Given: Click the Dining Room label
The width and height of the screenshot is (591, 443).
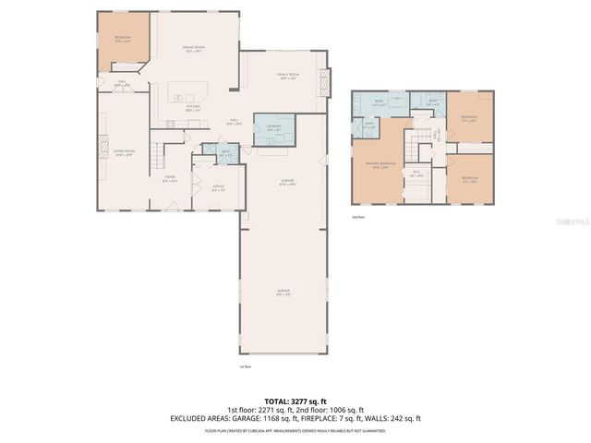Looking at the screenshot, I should click(193, 49).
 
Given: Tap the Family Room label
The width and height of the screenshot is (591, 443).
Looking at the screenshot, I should click(288, 76).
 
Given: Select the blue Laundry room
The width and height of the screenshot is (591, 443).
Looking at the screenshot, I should click(273, 130).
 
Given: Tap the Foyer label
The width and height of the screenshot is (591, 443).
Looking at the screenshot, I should click(170, 179).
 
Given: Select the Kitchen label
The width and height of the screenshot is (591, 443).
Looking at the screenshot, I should click(193, 108).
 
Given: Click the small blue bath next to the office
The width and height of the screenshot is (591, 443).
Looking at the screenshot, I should click(225, 153).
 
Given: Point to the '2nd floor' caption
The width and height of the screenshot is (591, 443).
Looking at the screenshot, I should click(357, 218).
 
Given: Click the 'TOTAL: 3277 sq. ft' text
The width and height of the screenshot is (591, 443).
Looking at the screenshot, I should click(295, 401).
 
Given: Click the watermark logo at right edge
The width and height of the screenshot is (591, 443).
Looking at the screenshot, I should click(574, 221).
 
